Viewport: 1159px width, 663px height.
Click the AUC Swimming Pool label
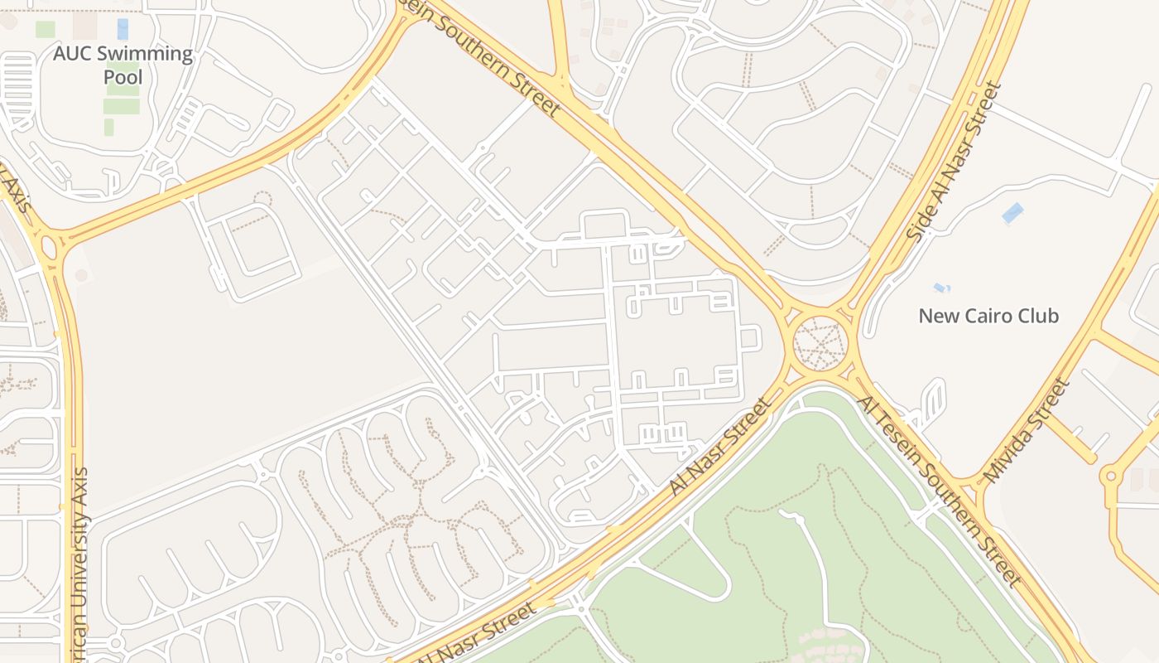123,65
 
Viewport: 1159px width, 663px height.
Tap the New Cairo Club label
988,316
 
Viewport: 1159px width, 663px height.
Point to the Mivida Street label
1027,430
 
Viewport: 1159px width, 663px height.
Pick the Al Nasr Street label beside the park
719,448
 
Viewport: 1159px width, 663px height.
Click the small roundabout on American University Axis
47,246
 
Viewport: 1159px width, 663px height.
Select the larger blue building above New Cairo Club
1012,213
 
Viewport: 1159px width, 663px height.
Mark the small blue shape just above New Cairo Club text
941,288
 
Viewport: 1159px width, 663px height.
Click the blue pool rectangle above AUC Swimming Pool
123,29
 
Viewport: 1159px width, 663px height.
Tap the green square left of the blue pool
46,29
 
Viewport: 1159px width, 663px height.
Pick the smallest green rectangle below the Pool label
108,127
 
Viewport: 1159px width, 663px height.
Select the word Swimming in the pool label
149,55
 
